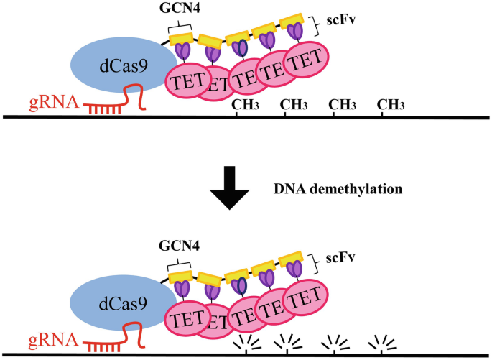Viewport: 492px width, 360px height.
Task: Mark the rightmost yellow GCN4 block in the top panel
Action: [291, 22]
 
